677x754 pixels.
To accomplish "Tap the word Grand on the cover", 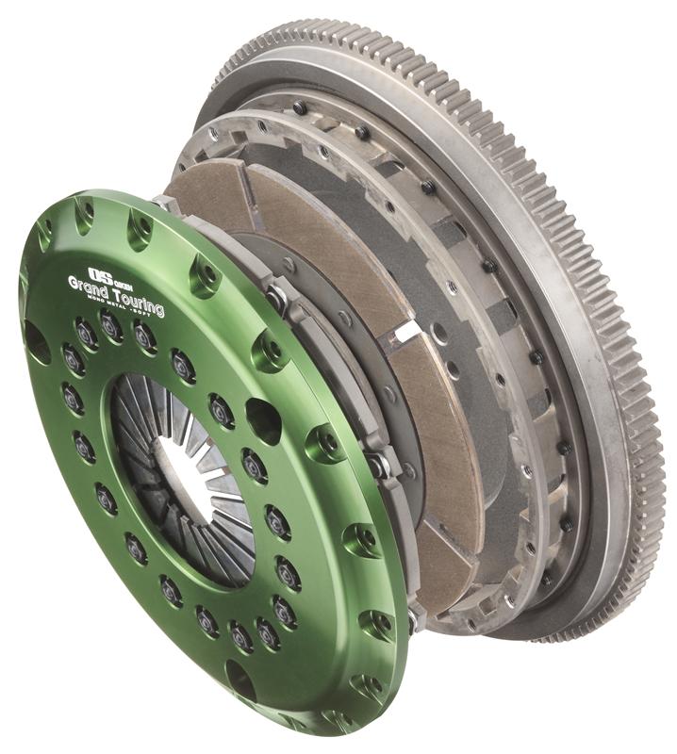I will [x=88, y=287].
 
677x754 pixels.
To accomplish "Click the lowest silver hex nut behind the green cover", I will [x=412, y=617].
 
